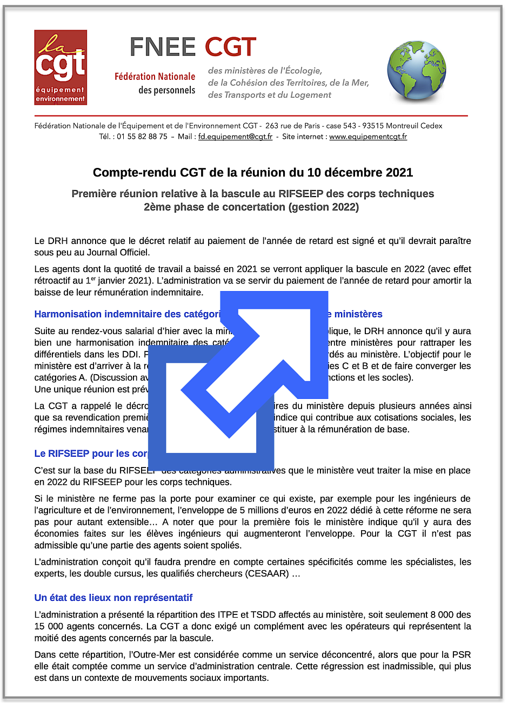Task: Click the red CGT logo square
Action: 61,67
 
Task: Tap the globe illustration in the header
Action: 416,70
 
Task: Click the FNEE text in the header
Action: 163,48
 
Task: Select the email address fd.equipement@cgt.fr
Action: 235,137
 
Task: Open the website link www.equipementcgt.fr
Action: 368,137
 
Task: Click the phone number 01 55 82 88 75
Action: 142,137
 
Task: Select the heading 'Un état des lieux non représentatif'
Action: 113,598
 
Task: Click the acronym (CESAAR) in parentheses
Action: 266,573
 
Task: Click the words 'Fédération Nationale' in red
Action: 155,77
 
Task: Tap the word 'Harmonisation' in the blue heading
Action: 68,314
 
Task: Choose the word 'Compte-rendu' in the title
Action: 126,173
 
